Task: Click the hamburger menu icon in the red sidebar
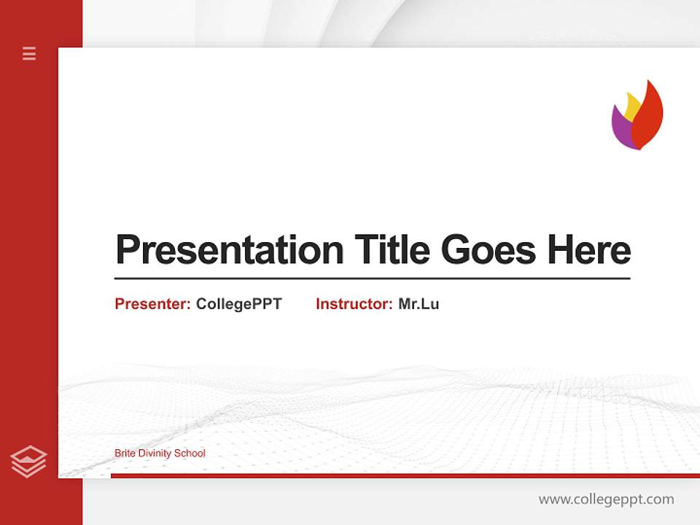coord(29,53)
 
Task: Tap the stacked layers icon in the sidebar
coord(28,462)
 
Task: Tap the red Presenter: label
coord(152,304)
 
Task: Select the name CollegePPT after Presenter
coord(238,304)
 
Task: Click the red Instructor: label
coord(354,304)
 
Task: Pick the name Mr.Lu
coord(419,304)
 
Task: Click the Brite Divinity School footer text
coord(160,454)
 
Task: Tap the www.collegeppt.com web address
coord(606,499)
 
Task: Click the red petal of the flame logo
coord(648,117)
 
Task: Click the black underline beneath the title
coord(372,278)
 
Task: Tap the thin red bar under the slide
coord(405,475)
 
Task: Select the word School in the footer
coord(191,454)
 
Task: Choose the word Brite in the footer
coord(125,454)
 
